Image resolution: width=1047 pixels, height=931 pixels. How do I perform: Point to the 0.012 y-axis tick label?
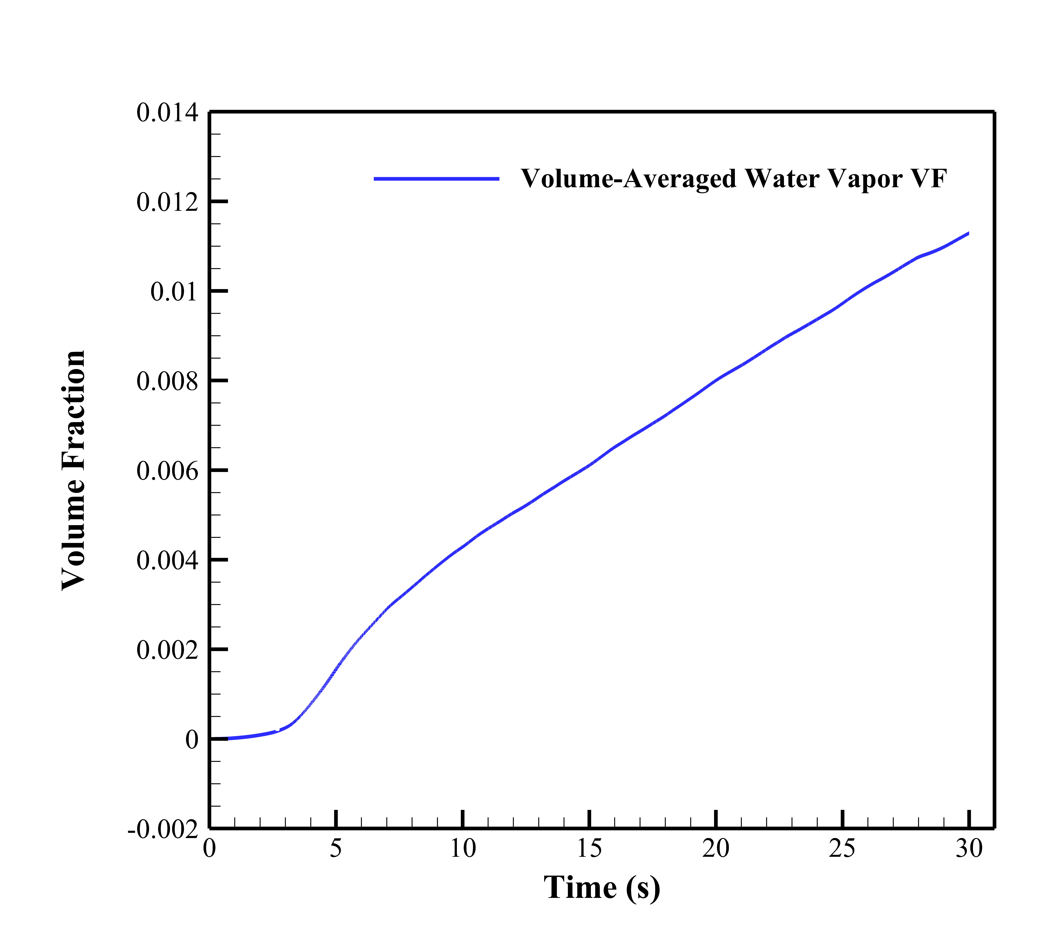(x=167, y=202)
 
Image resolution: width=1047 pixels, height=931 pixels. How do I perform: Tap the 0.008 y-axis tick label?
(x=167, y=382)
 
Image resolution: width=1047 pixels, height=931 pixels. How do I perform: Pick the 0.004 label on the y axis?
(x=167, y=560)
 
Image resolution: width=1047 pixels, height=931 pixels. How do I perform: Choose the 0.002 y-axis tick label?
(x=167, y=650)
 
